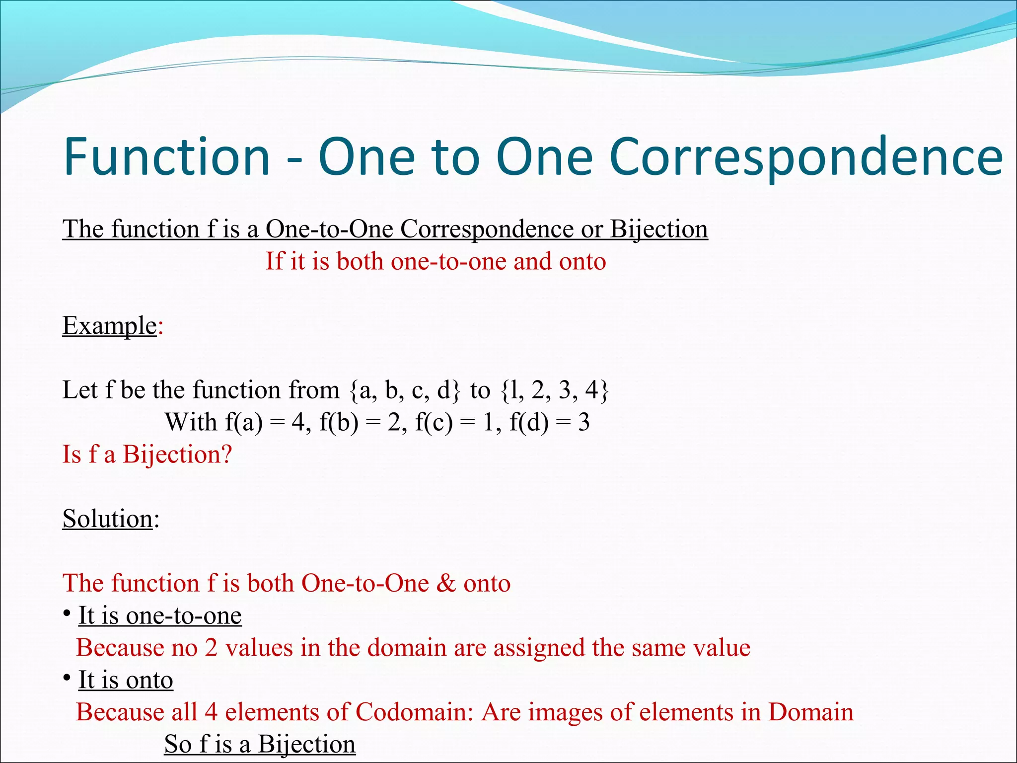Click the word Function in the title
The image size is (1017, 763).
tap(167, 156)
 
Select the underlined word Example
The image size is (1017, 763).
tap(110, 326)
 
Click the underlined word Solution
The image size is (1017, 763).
tap(107, 519)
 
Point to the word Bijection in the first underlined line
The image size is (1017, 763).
tap(658, 229)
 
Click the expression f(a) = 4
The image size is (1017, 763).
tap(264, 422)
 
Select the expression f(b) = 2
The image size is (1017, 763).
tap(360, 422)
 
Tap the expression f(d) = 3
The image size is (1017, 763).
tap(550, 422)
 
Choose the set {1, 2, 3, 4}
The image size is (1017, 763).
tap(554, 390)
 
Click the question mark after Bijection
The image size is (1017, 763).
tap(226, 455)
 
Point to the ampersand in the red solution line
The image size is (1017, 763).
tap(446, 583)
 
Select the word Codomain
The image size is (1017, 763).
tap(414, 712)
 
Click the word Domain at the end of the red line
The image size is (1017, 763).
tap(811, 712)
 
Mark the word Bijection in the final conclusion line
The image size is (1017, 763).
tap(306, 745)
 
